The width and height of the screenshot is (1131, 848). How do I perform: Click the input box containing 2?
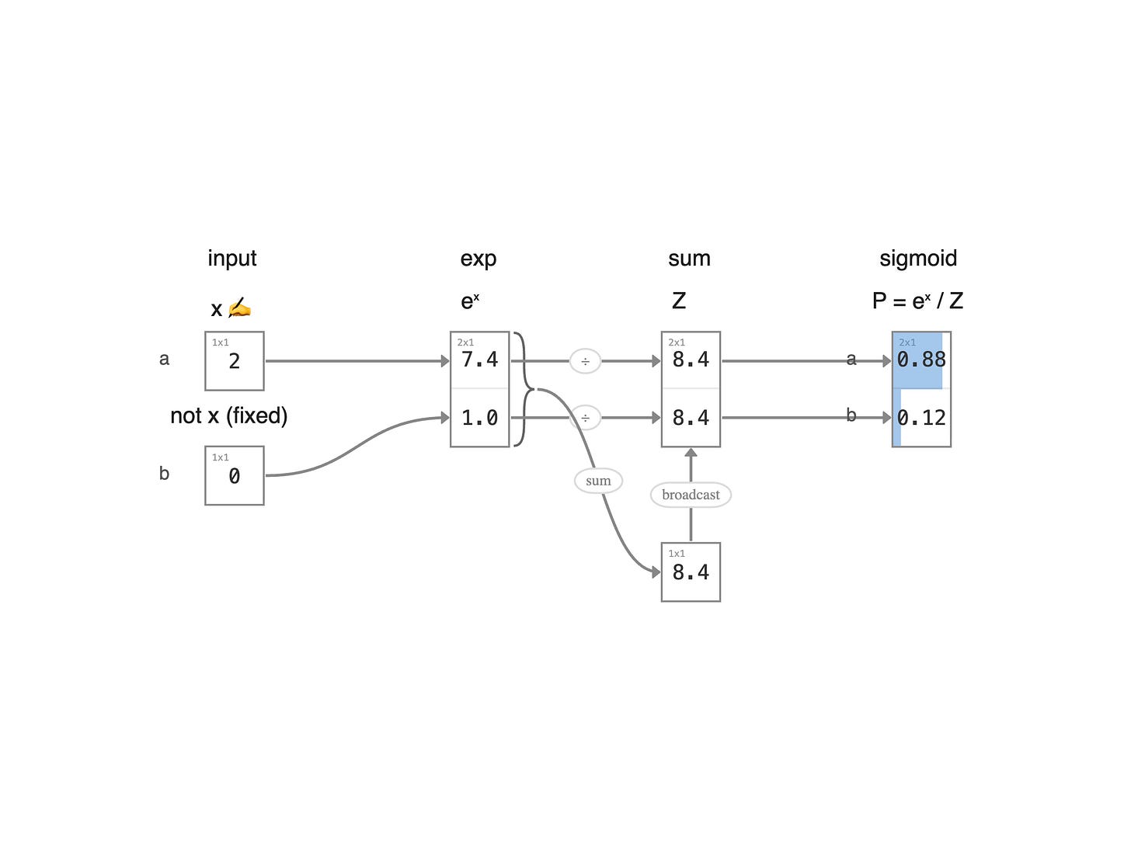(235, 361)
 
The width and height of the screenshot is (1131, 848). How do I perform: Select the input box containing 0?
(235, 475)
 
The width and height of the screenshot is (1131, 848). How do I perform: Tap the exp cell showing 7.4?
(480, 360)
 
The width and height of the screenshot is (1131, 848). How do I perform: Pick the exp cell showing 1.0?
(480, 418)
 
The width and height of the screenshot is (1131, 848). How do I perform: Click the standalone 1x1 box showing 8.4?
(691, 572)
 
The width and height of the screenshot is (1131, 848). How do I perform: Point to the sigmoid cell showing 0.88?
(921, 360)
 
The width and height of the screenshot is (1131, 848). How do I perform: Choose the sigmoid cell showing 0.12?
(921, 418)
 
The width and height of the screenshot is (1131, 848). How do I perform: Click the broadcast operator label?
(691, 495)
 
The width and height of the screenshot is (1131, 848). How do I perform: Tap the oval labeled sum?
(598, 481)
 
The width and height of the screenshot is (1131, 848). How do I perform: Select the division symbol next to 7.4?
(585, 361)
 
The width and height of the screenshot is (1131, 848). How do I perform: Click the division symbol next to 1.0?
(585, 418)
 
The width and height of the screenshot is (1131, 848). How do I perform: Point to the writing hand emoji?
(239, 308)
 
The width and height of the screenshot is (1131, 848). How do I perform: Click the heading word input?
(231, 259)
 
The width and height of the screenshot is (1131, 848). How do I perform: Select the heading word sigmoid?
(917, 259)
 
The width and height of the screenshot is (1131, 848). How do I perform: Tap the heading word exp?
(478, 259)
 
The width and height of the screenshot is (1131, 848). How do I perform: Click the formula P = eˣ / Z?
(917, 301)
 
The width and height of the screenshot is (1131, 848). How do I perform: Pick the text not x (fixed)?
(228, 415)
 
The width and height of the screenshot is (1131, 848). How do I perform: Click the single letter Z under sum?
(679, 301)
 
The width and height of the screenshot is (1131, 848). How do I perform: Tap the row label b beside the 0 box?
(164, 474)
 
